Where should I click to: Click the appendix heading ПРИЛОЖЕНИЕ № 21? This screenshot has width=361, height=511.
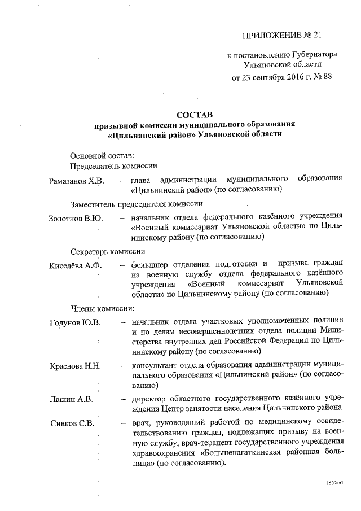pos(281,36)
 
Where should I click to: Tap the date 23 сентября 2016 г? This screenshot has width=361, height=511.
pos(272,77)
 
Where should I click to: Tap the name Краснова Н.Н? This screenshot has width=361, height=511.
pos(76,366)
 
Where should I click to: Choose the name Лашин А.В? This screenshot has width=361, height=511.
pos(71,401)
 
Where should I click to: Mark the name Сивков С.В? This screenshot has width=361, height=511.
pos(72,423)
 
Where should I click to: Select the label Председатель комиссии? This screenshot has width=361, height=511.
pos(113,166)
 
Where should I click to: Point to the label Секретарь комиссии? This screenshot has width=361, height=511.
pos(108,251)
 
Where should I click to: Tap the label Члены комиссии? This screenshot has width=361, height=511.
pos(102,309)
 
